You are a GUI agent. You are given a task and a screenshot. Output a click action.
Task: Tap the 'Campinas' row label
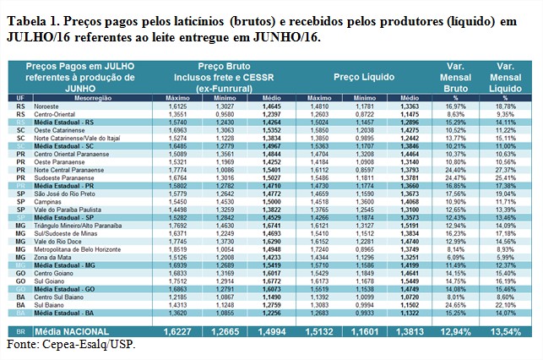point(45,202)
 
